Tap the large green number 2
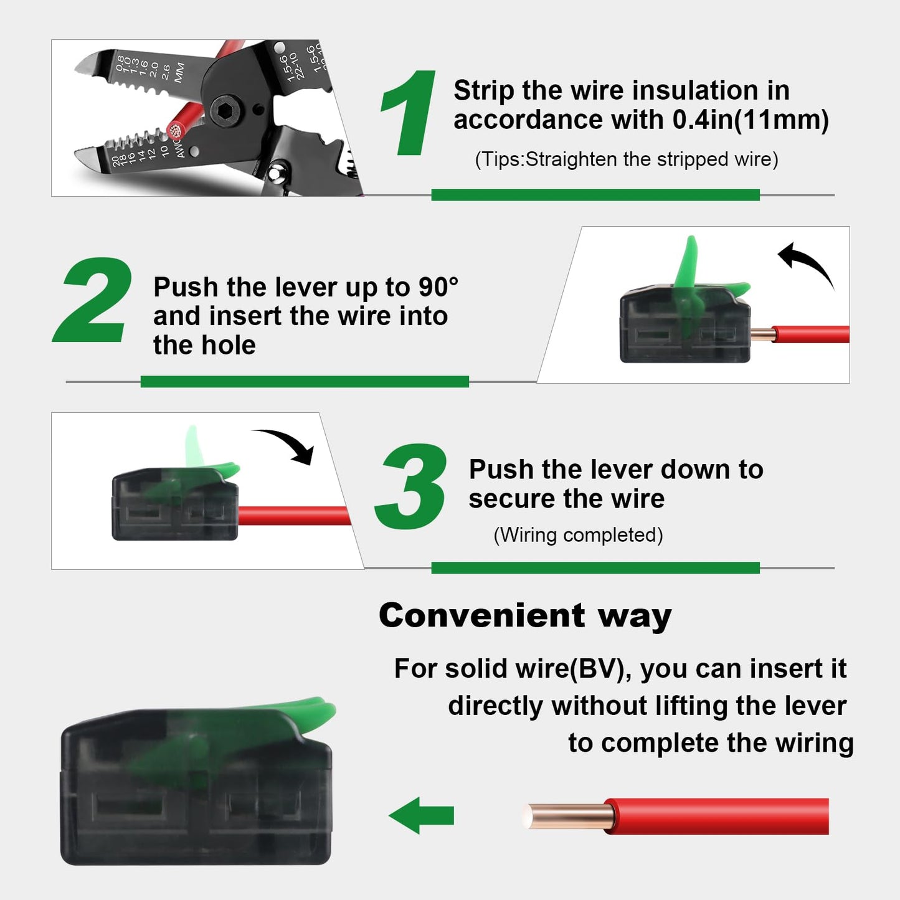point(93,300)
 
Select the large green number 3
point(411,487)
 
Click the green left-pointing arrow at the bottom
point(422,815)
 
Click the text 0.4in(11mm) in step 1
point(751,120)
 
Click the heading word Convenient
point(481,615)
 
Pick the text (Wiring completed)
point(578,535)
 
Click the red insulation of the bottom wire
point(716,815)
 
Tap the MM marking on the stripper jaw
point(179,72)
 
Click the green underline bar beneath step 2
point(305,381)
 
